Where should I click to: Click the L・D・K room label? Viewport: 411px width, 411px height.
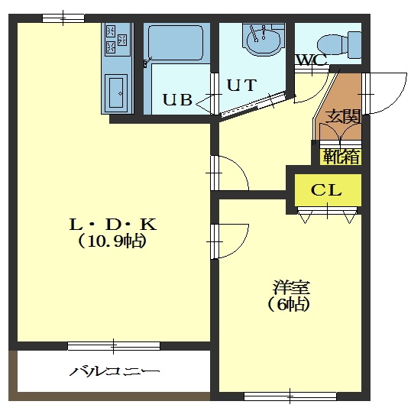(113, 225)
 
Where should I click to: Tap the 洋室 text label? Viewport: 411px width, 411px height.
(292, 287)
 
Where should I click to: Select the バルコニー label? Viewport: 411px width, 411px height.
(115, 371)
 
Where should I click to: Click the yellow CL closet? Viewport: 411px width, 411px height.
(328, 190)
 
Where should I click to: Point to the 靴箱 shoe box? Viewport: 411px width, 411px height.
(341, 157)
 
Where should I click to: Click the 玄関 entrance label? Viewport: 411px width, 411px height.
(343, 116)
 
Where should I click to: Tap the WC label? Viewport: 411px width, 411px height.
(312, 60)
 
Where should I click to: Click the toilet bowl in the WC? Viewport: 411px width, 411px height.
(339, 45)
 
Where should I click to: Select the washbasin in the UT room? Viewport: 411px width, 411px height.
(264, 40)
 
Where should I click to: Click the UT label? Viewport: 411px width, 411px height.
(241, 86)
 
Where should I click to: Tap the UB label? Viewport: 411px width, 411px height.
(178, 99)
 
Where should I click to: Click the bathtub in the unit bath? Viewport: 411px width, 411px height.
(176, 44)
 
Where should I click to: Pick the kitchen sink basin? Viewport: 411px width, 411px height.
(116, 92)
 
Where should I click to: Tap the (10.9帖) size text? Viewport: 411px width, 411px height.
(112, 241)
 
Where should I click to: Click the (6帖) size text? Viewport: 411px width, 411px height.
(289, 304)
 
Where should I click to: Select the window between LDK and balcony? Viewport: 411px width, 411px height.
(114, 346)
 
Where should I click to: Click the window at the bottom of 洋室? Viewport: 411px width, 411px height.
(290, 396)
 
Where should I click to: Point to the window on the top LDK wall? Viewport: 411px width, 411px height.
(63, 18)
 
